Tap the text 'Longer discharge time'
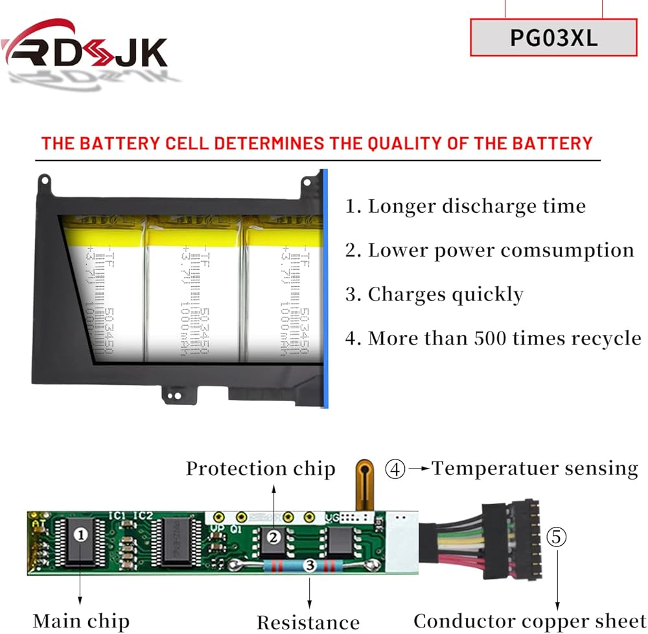coord(477,206)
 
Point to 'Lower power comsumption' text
coord(501,250)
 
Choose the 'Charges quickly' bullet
coord(445,294)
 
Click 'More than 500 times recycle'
coord(505,338)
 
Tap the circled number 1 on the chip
coord(80,535)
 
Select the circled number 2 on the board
coord(274,537)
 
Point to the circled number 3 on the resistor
coord(310,566)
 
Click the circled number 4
coord(395,469)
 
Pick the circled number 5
coord(556,537)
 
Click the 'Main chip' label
coord(81,621)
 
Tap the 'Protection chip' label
coord(260,469)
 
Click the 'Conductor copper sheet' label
coord(529,621)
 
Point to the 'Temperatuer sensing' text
coord(535,468)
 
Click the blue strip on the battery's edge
coord(325,289)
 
